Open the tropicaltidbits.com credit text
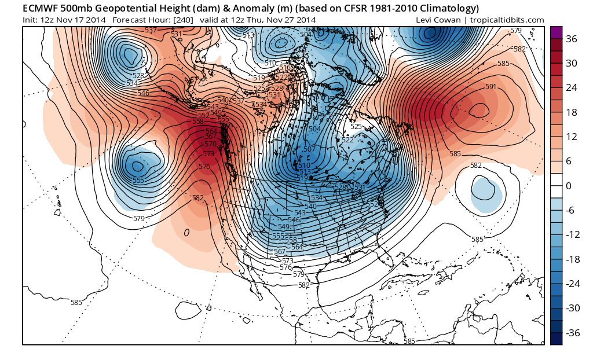(x=507, y=20)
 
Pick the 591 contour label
(x=490, y=87)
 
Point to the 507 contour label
(x=309, y=149)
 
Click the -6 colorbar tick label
(x=570, y=211)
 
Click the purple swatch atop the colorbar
(x=556, y=32)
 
